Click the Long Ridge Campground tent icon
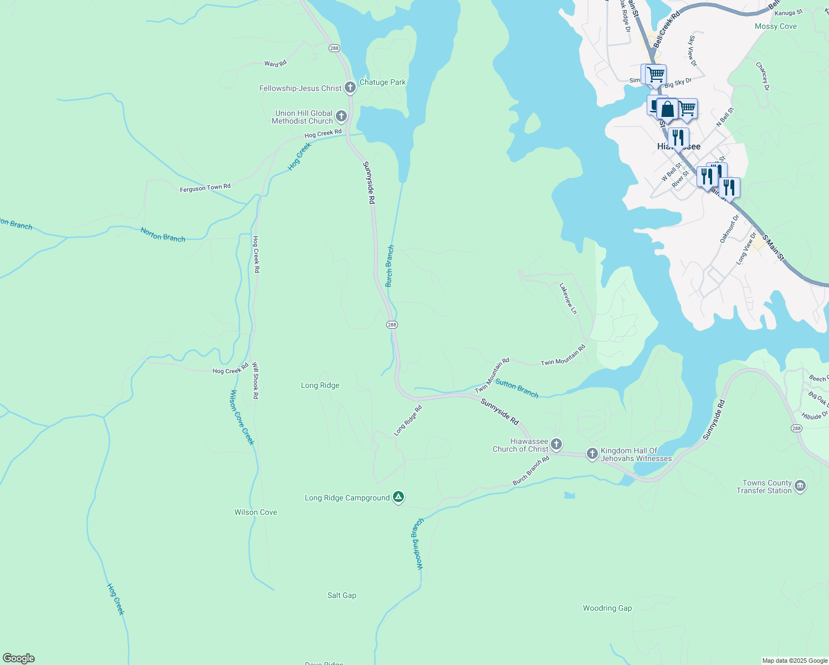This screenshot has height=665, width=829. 398,497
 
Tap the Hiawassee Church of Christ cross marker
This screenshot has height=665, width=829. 556,444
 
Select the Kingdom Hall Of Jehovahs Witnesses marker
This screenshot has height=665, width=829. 592,454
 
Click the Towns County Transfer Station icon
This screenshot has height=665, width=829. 800,487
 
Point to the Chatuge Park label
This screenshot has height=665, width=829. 382,82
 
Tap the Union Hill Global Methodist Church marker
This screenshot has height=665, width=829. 341,116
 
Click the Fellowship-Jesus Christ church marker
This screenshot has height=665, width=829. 350,88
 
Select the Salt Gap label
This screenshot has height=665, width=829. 342,595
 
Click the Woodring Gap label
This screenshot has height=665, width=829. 607,608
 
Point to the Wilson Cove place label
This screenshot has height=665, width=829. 255,512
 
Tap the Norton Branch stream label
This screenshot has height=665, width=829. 163,234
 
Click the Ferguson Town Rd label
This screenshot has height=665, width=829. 205,188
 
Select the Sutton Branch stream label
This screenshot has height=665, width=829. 517,388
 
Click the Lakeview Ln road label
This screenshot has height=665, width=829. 568,299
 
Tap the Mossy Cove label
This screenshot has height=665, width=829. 776,26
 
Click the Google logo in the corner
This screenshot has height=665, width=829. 19,658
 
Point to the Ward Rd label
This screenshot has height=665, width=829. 275,64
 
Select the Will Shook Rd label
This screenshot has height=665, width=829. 255,381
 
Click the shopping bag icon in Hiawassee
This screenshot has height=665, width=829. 668,110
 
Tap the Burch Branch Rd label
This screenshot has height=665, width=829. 531,471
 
